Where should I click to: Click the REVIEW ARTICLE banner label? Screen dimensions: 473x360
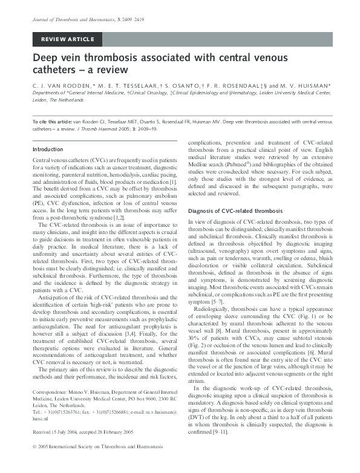pyautogui.click(x=67, y=40)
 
